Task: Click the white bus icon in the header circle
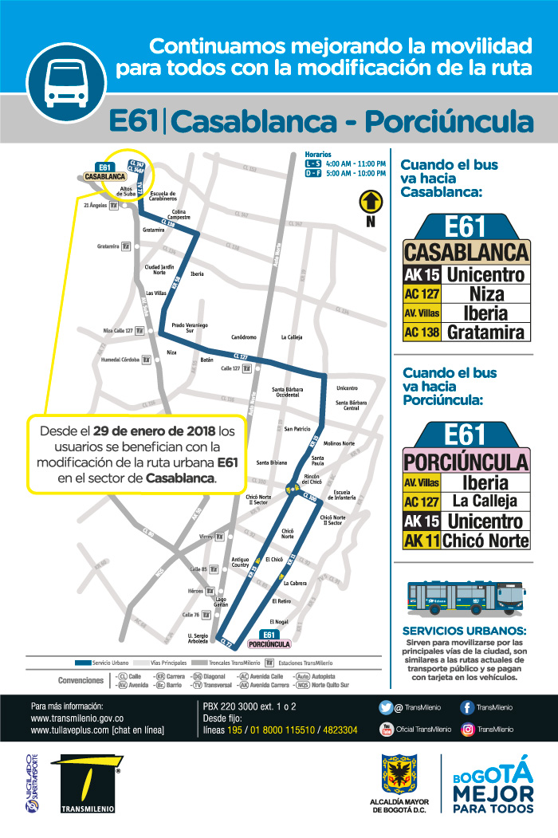pos(66,82)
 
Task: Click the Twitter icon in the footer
pos(387,707)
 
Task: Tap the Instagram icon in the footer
pos(468,729)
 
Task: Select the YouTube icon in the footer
pos(387,729)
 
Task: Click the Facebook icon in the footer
pos(468,707)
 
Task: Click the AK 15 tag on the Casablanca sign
pos(421,275)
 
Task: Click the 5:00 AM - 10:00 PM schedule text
pos(356,173)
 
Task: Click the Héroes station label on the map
pos(195,591)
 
